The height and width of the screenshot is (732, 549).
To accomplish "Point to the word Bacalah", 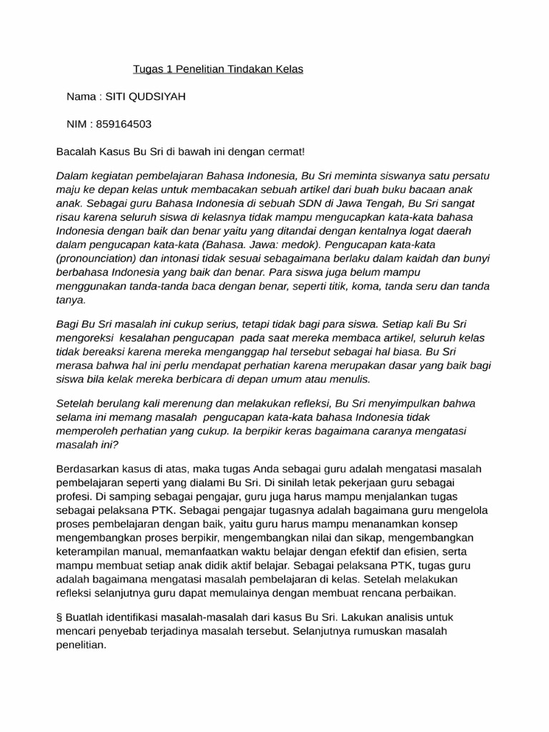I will click(75, 152).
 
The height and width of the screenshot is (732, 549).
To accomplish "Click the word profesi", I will click(72, 496).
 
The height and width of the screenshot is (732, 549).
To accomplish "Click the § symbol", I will click(59, 617).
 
